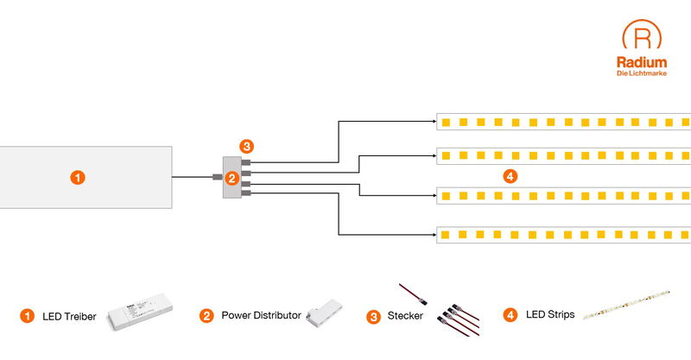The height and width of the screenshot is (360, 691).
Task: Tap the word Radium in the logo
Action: click(642, 62)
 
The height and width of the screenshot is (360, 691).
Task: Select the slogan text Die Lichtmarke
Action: click(642, 73)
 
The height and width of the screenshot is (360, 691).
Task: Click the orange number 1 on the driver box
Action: click(78, 177)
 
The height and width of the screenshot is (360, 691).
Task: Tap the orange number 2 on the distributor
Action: click(231, 179)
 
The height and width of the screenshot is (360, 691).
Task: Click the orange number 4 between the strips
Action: click(510, 176)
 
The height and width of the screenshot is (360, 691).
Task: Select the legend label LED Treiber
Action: click(69, 316)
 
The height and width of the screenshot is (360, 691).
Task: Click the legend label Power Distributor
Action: click(261, 316)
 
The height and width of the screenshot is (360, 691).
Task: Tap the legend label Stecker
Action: click(406, 316)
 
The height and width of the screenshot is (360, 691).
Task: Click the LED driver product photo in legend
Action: click(140, 317)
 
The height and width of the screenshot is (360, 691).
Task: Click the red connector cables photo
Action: click(454, 313)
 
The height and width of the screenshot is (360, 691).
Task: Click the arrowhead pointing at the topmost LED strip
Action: click(433, 122)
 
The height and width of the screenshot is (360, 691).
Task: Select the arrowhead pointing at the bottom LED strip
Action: click(433, 234)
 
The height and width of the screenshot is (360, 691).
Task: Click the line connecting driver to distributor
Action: click(192, 178)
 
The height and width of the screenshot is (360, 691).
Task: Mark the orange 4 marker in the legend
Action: click(510, 316)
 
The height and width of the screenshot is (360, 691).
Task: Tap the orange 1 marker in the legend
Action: click(27, 316)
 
